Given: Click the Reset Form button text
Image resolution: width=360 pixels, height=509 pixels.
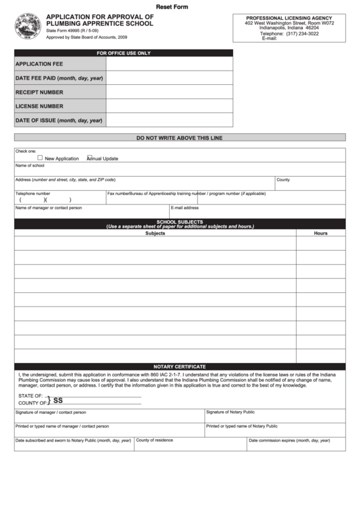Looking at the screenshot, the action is tap(173, 6).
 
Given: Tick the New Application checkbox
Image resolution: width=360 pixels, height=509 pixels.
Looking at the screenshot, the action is tap(40, 158).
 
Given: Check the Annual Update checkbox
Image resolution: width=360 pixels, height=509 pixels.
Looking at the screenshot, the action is tap(89, 158).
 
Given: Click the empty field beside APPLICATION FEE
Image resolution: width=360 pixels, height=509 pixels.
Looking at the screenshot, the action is tap(169, 64).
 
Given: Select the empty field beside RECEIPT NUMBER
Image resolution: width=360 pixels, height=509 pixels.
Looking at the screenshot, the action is tap(169, 92).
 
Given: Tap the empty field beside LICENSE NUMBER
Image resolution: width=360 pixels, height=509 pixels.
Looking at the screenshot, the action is tap(169, 106).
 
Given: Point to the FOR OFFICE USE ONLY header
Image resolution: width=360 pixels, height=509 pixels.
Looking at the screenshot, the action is tap(124, 52).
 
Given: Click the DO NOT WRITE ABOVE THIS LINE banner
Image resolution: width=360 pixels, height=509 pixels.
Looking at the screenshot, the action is tap(179, 138).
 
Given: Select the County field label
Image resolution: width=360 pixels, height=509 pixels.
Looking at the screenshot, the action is tap(283, 180).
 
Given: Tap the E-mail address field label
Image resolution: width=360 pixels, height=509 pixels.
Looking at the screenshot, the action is tap(185, 208).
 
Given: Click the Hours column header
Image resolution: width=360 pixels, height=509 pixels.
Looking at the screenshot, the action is tap(321, 233).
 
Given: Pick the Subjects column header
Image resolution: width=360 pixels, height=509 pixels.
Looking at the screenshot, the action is tap(155, 233).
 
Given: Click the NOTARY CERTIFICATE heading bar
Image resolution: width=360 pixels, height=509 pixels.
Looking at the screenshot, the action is tap(179, 366).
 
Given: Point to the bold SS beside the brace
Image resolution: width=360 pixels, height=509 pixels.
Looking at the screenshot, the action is tap(58, 400).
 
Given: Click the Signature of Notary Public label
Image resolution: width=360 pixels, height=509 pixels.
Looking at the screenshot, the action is tap(230, 412).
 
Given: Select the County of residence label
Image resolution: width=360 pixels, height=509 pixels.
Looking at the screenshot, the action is tap(154, 440).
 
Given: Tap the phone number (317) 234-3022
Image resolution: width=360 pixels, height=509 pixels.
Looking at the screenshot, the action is tap(302, 33).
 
